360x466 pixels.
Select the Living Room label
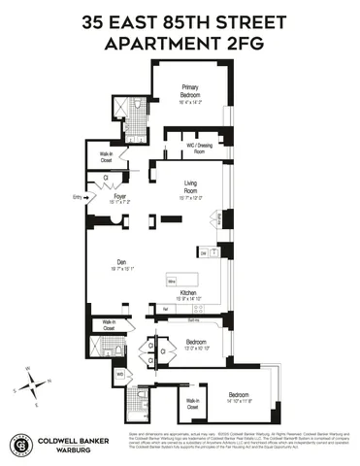pos(198,196)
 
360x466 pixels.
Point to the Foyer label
pos(119,198)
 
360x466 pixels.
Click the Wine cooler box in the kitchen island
pos(171,282)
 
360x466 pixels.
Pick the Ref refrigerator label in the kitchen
pos(166,308)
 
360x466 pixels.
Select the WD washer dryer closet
pos(119,374)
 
